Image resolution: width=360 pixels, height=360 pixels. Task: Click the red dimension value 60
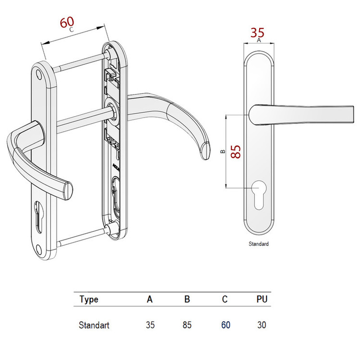(67, 23)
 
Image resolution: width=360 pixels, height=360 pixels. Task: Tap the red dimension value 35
(258, 33)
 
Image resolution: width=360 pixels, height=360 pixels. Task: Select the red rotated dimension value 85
(235, 152)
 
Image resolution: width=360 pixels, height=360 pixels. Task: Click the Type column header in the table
(89, 300)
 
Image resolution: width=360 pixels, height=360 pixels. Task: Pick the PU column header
(262, 300)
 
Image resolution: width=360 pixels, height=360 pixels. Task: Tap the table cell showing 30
(262, 325)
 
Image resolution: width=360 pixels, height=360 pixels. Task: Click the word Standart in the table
(94, 325)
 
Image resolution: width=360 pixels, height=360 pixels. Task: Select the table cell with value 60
(226, 325)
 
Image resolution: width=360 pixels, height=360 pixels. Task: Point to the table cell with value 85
(187, 325)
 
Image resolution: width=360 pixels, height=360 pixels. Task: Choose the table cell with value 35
(150, 325)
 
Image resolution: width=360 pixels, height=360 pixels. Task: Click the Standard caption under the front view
(259, 244)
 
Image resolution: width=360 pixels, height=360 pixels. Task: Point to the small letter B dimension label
(222, 152)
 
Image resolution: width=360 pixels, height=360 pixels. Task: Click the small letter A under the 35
(259, 41)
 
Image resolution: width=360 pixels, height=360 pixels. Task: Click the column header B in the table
(187, 300)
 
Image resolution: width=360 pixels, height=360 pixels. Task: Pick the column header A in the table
(150, 300)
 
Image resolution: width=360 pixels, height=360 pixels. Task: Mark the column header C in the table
(225, 300)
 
